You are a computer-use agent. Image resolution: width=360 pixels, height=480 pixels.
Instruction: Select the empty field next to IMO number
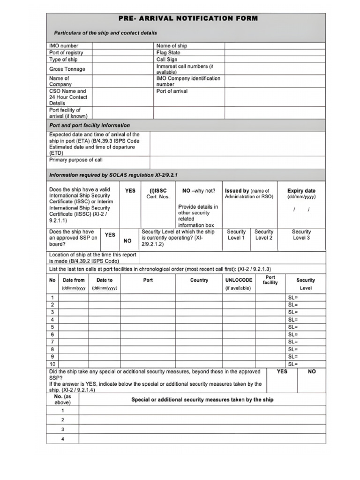123,46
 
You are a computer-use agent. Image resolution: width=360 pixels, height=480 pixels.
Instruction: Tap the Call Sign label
167,60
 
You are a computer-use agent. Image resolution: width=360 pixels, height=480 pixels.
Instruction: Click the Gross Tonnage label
67,69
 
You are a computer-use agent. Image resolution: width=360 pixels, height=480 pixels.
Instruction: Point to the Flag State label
168,53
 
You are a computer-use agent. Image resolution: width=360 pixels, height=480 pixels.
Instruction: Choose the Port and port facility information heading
90,126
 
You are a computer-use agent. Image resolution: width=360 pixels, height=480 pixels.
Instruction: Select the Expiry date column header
301,191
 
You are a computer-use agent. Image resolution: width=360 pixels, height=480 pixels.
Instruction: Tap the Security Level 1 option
236,234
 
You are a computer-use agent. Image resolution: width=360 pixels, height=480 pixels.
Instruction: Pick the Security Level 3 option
301,234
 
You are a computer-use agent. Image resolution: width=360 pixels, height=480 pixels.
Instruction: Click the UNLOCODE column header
239,280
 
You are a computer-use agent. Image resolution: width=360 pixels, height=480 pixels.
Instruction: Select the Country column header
199,280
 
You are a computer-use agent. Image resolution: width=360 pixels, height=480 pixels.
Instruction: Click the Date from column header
74,280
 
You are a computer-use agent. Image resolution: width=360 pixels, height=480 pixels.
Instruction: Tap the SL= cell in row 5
293,327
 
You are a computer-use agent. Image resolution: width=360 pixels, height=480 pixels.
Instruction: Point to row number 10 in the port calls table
52,364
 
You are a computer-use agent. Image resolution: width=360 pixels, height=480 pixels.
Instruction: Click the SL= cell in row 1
293,298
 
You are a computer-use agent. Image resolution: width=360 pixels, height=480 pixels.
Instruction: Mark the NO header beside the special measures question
312,371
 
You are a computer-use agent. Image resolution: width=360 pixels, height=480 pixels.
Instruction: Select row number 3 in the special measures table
62,429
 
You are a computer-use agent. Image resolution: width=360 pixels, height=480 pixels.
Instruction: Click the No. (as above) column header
62,399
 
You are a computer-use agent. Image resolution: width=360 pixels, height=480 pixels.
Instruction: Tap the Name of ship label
172,46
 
